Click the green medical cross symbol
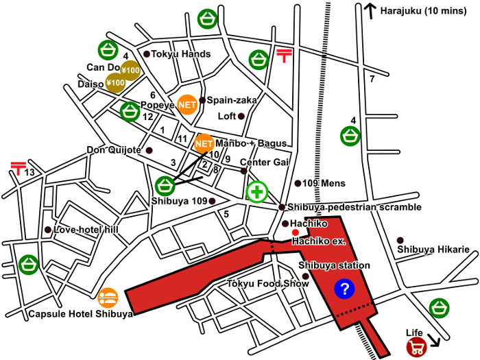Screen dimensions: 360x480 pyautogui.click(x=258, y=191)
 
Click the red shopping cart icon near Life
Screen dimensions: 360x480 pyautogui.click(x=415, y=347)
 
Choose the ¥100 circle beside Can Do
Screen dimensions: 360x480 pyautogui.click(x=130, y=70)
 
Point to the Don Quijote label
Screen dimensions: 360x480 pyautogui.click(x=114, y=149)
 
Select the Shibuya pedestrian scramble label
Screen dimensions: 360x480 pyautogui.click(x=345, y=207)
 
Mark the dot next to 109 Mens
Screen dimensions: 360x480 pyautogui.click(x=298, y=183)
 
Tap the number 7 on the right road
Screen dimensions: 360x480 pyautogui.click(x=372, y=80)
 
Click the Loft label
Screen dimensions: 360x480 pyautogui.click(x=226, y=116)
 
